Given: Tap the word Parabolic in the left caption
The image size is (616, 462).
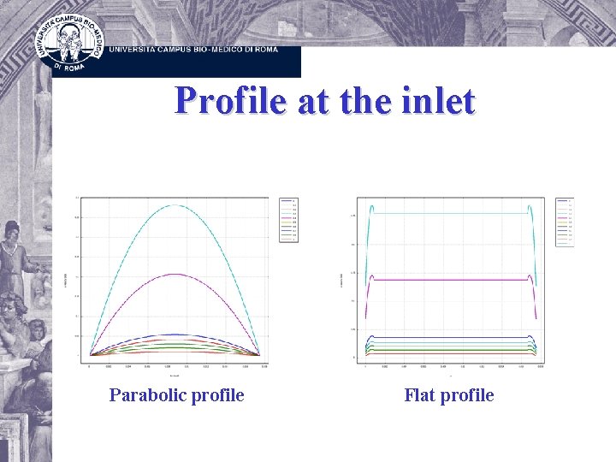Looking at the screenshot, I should click(x=143, y=395).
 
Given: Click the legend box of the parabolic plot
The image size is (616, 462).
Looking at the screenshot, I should click(x=285, y=219).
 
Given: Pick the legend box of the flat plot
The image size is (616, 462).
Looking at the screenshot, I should click(x=565, y=222).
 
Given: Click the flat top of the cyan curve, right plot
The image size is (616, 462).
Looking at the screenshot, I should click(x=451, y=213).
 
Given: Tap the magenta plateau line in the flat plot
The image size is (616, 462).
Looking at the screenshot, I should click(x=451, y=280).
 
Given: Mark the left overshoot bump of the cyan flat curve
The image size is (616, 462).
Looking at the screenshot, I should click(x=372, y=206).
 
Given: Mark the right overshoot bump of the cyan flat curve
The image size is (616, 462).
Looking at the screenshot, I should click(x=530, y=206).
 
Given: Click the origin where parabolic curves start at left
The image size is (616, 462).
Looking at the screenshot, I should click(x=90, y=355).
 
